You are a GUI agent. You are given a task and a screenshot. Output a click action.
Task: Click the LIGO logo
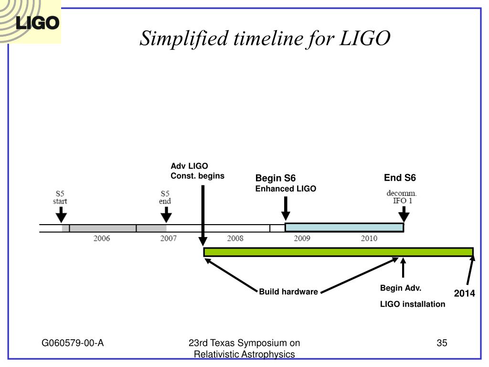point(30,22)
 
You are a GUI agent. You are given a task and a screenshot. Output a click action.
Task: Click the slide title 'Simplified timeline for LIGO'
point(265,39)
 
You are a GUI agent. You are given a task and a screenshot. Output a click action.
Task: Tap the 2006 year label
point(102,238)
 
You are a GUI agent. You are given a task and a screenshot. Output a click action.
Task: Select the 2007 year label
point(169,238)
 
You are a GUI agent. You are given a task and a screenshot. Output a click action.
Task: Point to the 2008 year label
point(235,238)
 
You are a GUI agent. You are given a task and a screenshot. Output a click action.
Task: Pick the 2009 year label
point(302,238)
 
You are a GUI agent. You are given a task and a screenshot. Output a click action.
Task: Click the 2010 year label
point(369,238)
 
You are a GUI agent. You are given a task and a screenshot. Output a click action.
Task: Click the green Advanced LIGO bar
point(339,252)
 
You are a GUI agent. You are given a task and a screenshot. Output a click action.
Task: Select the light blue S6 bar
point(344,227)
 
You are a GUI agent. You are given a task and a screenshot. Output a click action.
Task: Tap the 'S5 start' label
point(60,197)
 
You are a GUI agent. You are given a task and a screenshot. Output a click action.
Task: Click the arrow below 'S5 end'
point(166,215)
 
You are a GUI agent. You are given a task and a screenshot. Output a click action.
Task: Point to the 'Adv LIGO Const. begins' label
point(197,171)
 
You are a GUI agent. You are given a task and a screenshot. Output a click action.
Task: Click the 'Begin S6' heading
point(276,178)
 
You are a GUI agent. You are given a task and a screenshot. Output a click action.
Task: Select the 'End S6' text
point(400,178)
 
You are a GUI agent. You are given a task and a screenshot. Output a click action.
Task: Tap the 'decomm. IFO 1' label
point(402,197)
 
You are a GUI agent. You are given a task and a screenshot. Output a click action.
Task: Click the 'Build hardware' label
point(288,292)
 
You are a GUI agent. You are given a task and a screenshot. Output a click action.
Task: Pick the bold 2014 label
point(464,293)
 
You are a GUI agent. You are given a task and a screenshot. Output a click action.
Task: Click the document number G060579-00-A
point(73,343)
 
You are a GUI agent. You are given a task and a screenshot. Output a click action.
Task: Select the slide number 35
point(442,343)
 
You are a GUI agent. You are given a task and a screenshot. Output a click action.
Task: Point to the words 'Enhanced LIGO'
point(286,189)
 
